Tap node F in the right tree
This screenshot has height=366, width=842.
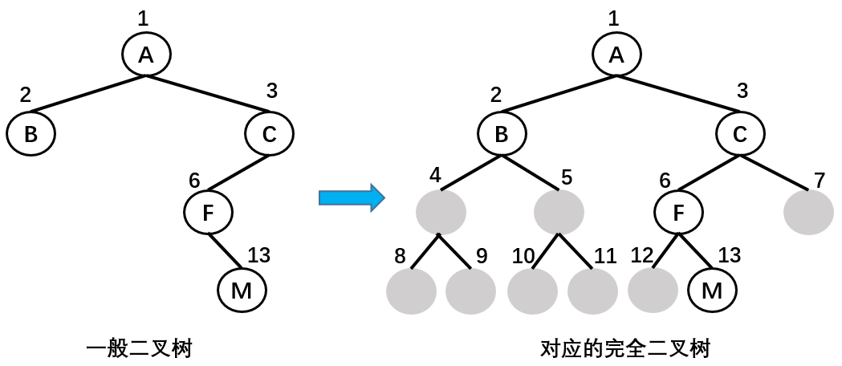pos(678,212)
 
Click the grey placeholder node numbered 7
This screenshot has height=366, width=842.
pos(808,212)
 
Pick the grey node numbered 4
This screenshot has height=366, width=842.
pos(441,212)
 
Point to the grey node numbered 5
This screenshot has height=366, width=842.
pos(559,212)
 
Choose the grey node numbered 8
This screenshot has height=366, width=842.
pos(411,291)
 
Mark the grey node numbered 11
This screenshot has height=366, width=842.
pos(593,291)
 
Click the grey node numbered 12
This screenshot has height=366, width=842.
pos(653,291)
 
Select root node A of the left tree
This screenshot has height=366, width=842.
pos(146,54)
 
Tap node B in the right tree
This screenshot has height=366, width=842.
pos(502,134)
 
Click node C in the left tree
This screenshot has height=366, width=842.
pos(269,134)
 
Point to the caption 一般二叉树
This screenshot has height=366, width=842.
pos(140,349)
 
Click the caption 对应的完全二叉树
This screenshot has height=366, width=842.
pos(625,349)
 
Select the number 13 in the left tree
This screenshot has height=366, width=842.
pos(258,256)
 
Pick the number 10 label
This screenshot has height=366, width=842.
pos(523,257)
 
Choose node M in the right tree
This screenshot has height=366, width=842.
pos(712,291)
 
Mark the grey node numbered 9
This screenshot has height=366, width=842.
pos(470,291)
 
